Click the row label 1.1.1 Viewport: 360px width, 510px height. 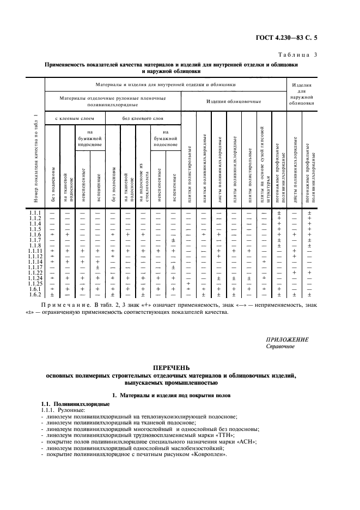36,212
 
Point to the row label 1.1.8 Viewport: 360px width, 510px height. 36,245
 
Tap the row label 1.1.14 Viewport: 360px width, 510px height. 36,262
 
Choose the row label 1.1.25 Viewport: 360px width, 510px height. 36,283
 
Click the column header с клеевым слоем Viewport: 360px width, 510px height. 74,118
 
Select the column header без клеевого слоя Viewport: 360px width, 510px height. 142,118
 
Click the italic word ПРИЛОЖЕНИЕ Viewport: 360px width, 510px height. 287,339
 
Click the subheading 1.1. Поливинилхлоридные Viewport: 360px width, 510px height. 76,404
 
